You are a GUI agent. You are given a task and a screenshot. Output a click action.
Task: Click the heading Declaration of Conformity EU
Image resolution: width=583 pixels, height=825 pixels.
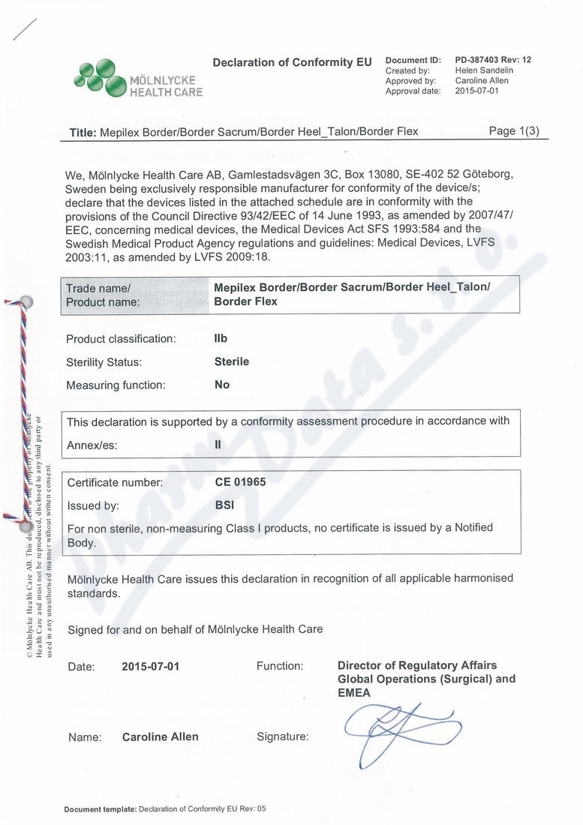[x=292, y=62]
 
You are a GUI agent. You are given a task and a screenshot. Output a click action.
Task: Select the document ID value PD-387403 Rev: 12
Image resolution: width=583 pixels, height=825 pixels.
[x=493, y=60]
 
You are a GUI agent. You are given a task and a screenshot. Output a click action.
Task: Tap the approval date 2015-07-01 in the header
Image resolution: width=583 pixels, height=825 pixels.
[x=477, y=91]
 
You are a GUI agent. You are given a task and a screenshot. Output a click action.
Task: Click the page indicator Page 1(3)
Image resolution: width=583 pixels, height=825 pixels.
[x=514, y=130]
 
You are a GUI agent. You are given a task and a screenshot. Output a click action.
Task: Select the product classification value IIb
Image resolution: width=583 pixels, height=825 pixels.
[x=221, y=338]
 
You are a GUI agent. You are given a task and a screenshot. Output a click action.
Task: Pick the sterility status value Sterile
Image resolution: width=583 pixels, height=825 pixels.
[x=232, y=361]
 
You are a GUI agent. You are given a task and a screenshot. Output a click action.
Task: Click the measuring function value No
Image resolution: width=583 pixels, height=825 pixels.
[x=222, y=385]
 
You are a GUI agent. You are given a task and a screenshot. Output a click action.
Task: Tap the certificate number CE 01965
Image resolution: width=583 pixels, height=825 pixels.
[x=240, y=482]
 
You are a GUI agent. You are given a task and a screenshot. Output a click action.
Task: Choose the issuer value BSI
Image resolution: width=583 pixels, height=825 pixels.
[x=224, y=505]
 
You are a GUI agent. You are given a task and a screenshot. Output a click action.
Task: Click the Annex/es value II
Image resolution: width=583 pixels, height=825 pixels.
[x=218, y=444]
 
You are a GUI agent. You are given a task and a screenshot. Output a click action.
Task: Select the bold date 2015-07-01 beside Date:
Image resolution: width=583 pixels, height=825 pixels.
[x=150, y=666]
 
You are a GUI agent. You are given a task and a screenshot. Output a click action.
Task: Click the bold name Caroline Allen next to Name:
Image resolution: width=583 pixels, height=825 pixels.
[x=161, y=736]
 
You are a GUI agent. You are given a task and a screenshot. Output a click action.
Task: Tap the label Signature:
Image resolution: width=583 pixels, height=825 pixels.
[x=282, y=736]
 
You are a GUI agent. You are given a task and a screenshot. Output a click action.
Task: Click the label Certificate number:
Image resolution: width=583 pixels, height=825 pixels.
[x=115, y=482]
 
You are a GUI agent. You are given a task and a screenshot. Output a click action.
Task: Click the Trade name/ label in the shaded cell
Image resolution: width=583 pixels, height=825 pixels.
[x=98, y=288]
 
